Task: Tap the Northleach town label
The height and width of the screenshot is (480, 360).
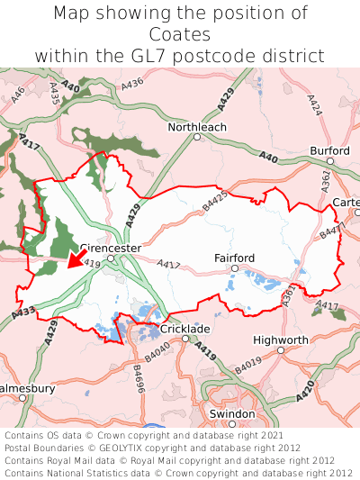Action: (197, 127)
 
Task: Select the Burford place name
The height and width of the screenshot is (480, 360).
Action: (329, 149)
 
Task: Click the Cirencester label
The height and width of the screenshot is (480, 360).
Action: (111, 247)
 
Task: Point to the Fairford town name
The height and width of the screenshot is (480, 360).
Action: (234, 258)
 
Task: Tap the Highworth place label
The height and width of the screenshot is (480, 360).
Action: (281, 340)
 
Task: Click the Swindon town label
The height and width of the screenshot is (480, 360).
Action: (232, 412)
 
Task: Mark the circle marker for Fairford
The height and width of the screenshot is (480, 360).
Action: (234, 268)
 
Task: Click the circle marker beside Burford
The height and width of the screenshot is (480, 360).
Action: (330, 160)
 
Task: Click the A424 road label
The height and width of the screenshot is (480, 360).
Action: (313, 105)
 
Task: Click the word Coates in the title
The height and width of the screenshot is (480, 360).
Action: (180, 34)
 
